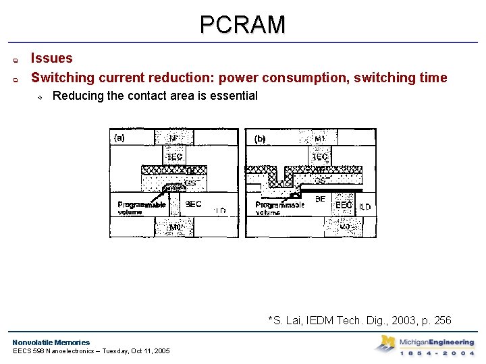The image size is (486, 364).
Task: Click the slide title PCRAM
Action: (242, 25)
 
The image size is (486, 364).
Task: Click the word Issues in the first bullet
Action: (52, 59)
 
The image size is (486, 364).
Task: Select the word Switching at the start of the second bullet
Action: (61, 78)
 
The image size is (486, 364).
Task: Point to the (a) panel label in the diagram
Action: (119, 138)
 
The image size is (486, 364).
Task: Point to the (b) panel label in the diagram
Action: (260, 140)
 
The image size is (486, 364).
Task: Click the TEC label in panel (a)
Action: (173, 156)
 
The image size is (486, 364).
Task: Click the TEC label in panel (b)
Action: (319, 157)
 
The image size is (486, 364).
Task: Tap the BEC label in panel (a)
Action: (193, 204)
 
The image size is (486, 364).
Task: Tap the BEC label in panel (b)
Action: (343, 205)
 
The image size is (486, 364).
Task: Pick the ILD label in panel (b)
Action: (364, 206)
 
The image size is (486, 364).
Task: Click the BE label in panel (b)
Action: (320, 200)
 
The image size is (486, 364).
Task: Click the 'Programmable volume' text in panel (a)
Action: (142, 208)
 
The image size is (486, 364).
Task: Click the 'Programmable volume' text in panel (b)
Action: (279, 208)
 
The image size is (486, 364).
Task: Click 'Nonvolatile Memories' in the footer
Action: (51, 342)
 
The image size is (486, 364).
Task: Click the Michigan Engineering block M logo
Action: (386, 344)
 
